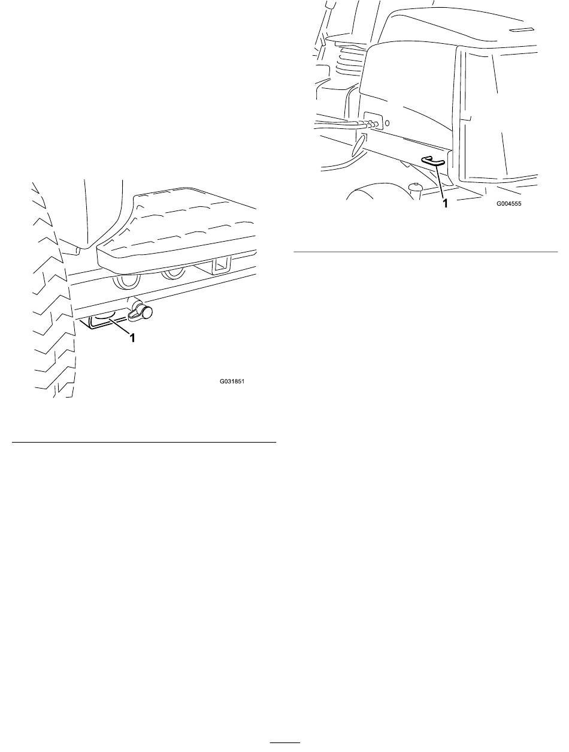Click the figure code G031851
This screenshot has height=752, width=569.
tap(232, 381)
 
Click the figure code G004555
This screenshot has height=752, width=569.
tap(509, 203)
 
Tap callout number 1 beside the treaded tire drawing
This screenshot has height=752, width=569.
tap(132, 338)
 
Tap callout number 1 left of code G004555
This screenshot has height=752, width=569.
tap(445, 203)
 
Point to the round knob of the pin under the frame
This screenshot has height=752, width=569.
tap(147, 312)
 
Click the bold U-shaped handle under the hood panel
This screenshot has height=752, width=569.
tap(433, 162)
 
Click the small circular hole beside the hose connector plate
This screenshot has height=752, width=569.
tap(387, 123)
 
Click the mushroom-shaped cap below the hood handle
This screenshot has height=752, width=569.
tap(414, 188)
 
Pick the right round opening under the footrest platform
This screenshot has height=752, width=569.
tap(174, 275)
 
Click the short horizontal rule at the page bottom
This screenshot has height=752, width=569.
tap(285, 741)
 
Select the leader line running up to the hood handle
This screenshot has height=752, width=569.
tap(441, 182)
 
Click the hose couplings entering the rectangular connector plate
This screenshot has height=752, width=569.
tap(373, 124)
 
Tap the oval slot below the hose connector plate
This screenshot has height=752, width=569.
tap(359, 145)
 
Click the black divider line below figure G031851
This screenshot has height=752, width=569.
tap(144, 443)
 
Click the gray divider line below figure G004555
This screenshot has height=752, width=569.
tap(426, 252)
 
